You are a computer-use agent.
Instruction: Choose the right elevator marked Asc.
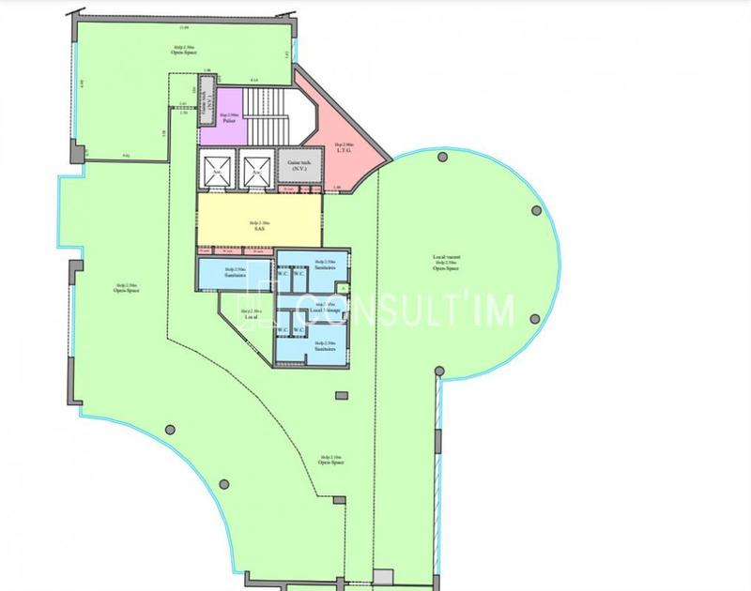(254, 170)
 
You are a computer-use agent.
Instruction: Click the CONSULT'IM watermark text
(404, 312)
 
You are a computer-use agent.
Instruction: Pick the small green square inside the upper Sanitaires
(344, 287)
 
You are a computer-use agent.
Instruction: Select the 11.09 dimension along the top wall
(172, 30)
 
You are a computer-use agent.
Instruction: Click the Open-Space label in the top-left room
(183, 53)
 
